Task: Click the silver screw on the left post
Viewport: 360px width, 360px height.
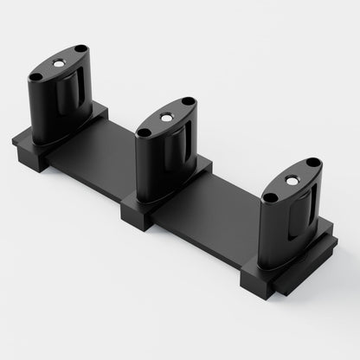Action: click(x=58, y=64)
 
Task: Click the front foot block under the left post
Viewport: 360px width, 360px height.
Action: click(x=31, y=155)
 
